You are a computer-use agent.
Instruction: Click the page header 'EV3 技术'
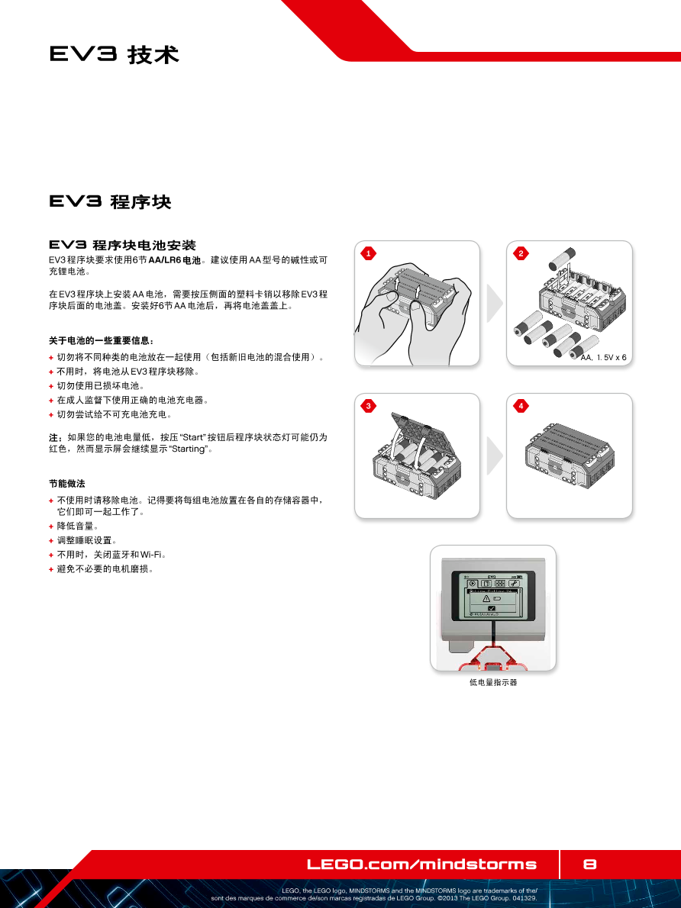pyautogui.click(x=115, y=54)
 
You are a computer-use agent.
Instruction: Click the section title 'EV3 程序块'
pyautogui.click(x=110, y=201)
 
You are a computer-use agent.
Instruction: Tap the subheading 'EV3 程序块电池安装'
pyautogui.click(x=122, y=245)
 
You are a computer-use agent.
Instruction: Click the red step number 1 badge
pyautogui.click(x=368, y=253)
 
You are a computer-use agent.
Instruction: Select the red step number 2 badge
pyautogui.click(x=521, y=253)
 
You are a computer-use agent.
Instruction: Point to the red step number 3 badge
pyautogui.click(x=368, y=406)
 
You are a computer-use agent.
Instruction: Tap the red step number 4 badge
pyautogui.click(x=521, y=406)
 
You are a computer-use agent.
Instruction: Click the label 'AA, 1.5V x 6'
pyautogui.click(x=603, y=357)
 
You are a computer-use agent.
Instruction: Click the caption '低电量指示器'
pyautogui.click(x=493, y=682)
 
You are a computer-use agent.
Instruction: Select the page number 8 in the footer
pyautogui.click(x=589, y=864)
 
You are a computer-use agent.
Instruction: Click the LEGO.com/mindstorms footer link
pyautogui.click(x=422, y=865)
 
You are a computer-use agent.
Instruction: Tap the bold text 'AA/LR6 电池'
pyautogui.click(x=175, y=260)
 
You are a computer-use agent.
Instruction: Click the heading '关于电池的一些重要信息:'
pyautogui.click(x=102, y=340)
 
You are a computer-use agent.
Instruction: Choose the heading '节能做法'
pyautogui.click(x=66, y=484)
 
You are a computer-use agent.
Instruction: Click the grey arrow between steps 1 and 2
pyautogui.click(x=495, y=303)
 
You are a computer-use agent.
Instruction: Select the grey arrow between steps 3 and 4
pyautogui.click(x=495, y=456)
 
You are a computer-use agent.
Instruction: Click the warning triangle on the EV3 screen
pyautogui.click(x=486, y=598)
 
